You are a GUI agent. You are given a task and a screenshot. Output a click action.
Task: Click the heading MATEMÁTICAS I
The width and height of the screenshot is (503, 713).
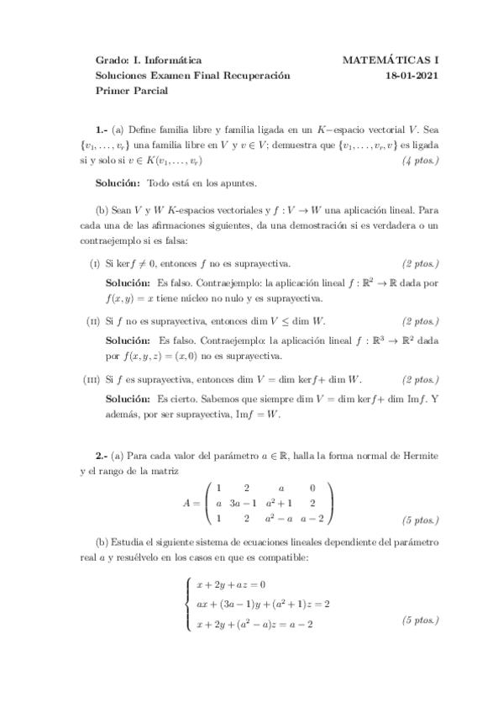(391, 61)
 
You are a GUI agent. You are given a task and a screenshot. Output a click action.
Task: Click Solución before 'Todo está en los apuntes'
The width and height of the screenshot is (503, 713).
(118, 183)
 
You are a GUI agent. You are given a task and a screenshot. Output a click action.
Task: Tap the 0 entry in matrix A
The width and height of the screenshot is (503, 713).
(312, 487)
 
